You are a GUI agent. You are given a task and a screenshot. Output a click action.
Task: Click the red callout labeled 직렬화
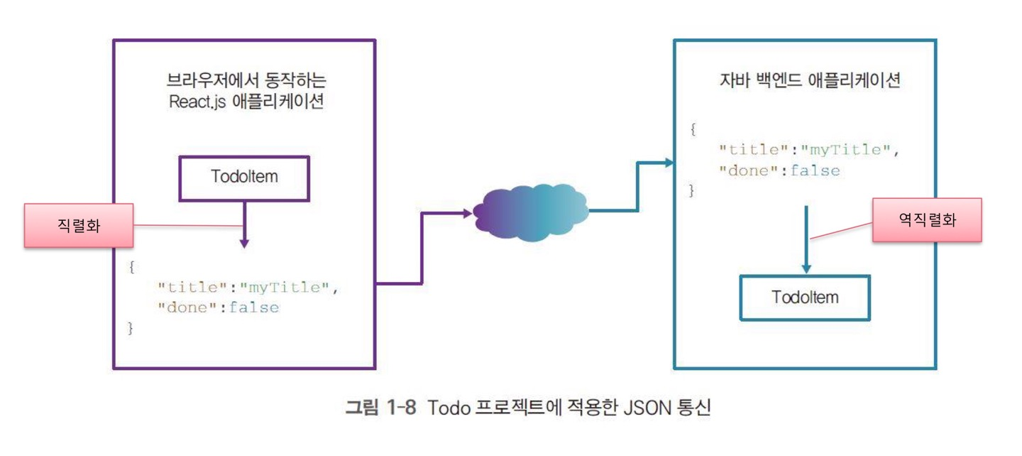tap(78, 225)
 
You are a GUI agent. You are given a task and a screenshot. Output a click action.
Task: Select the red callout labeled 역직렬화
tap(927, 220)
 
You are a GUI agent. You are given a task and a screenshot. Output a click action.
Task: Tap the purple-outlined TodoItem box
tap(244, 177)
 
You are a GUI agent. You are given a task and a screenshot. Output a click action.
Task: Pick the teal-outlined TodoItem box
tap(805, 297)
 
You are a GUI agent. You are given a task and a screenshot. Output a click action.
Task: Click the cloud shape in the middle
tap(530, 211)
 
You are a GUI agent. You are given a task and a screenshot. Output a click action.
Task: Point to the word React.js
tap(196, 101)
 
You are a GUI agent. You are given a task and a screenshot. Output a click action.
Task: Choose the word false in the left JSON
tap(253, 308)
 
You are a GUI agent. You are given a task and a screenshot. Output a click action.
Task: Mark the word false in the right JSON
tap(815, 170)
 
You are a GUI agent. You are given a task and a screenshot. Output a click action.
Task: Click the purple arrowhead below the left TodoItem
tap(244, 243)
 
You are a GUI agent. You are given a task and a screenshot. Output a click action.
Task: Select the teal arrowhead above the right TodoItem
tap(806, 268)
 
